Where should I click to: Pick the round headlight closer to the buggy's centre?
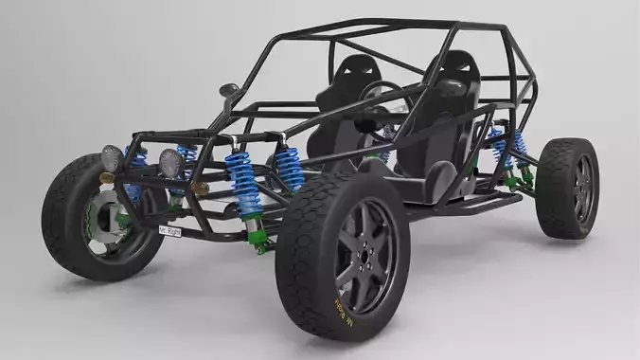(172, 162)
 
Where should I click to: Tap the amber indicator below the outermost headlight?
(107, 178)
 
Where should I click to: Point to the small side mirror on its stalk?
(228, 91)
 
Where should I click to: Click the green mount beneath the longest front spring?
(256, 230)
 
